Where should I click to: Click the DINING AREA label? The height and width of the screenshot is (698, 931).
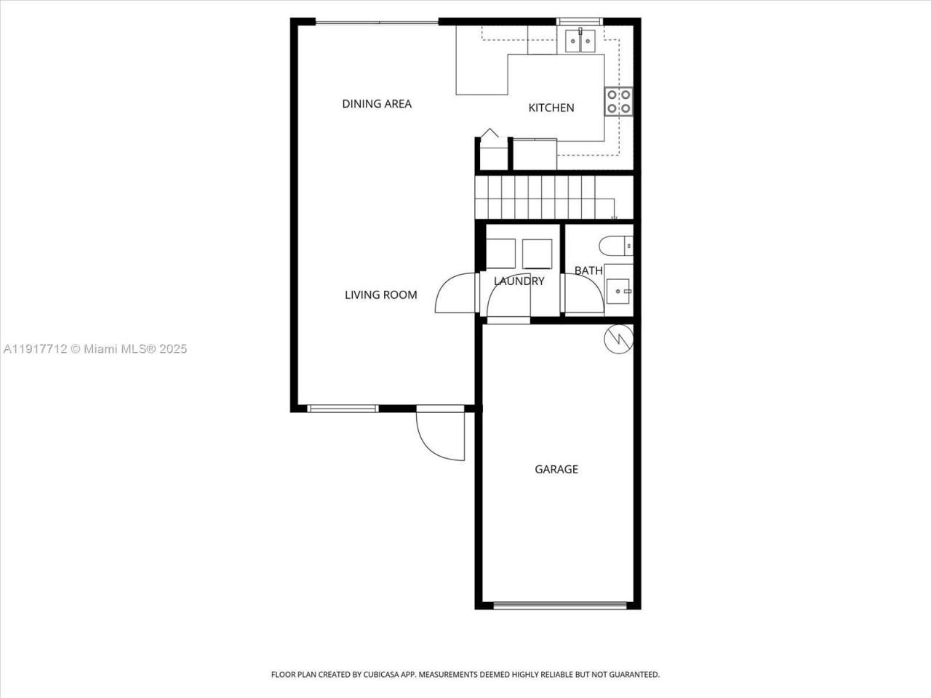click(x=377, y=104)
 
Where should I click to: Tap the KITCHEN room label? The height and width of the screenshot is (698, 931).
click(x=551, y=108)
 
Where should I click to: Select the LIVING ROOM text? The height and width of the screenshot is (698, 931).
click(x=380, y=294)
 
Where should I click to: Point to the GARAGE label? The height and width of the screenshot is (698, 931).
click(x=556, y=469)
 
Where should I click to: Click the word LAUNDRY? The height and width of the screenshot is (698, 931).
click(x=519, y=281)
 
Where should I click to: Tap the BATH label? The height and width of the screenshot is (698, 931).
click(x=588, y=270)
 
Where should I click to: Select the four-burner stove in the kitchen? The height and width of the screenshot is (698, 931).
click(x=618, y=102)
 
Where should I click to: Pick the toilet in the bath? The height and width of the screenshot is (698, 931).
click(x=617, y=246)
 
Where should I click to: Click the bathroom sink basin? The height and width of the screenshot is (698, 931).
click(x=619, y=291)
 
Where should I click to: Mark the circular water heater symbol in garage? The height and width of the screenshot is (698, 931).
click(x=619, y=338)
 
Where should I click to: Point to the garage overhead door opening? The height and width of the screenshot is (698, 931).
click(x=559, y=605)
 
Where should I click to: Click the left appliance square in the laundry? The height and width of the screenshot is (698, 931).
click(x=500, y=253)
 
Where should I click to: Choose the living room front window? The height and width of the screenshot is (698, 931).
click(x=343, y=409)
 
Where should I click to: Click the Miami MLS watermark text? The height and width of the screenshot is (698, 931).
click(x=95, y=349)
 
